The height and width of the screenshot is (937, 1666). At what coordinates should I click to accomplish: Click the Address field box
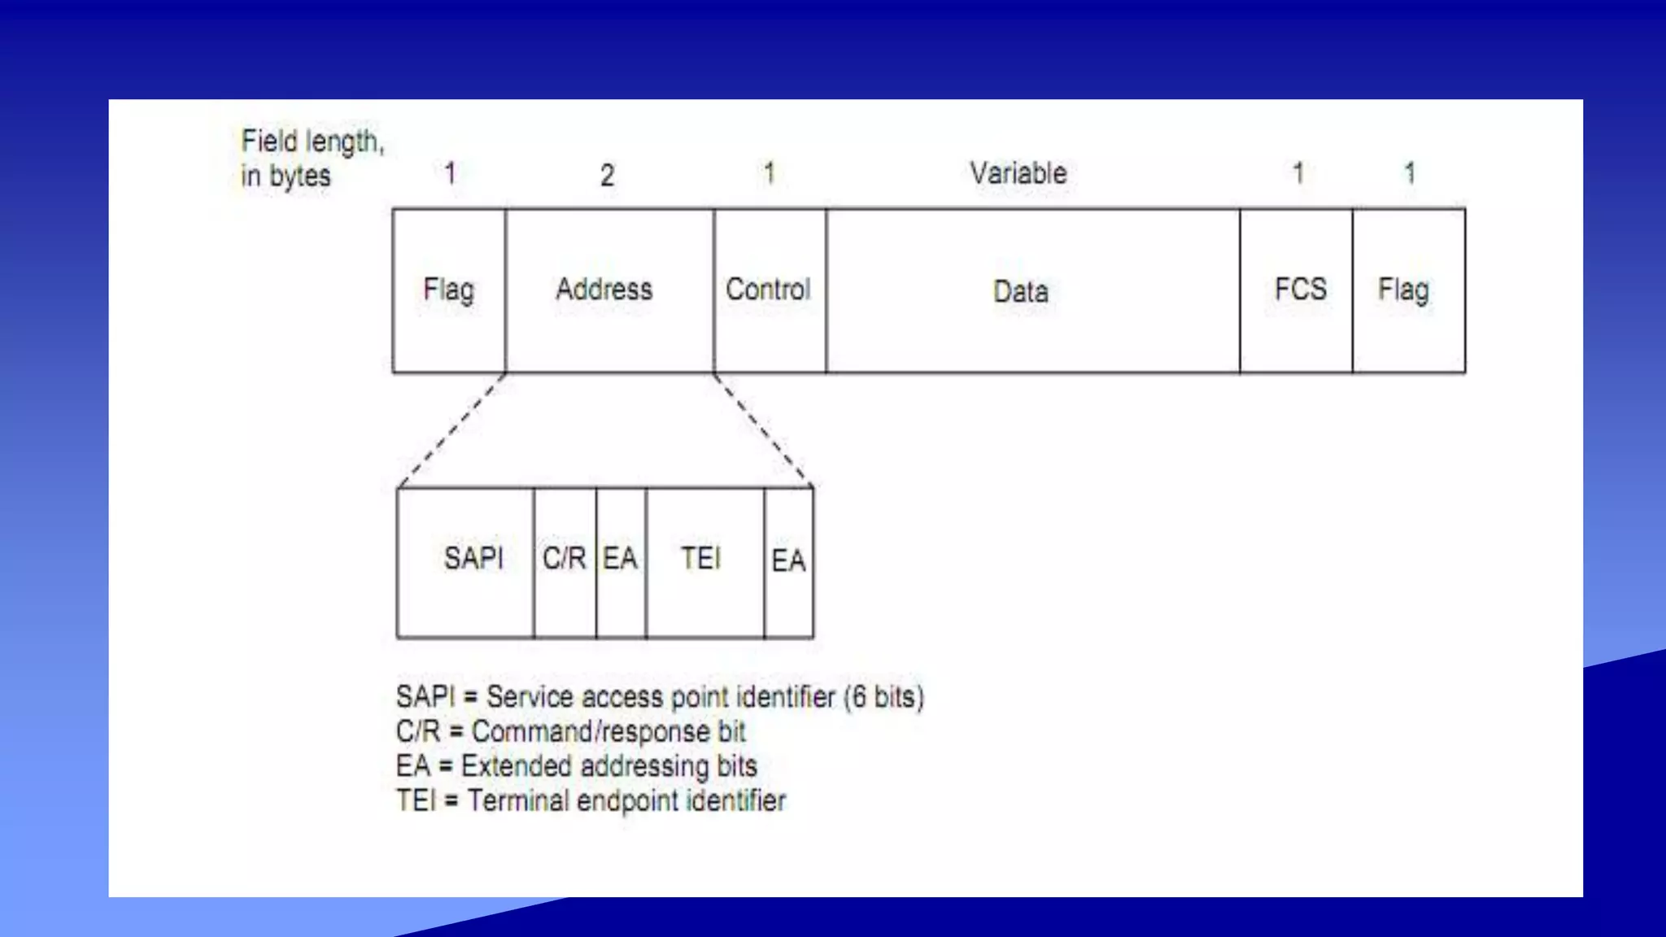pyautogui.click(x=608, y=290)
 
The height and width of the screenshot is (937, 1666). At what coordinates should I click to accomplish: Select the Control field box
pyautogui.click(x=770, y=290)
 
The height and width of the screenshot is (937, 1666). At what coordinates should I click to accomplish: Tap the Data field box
pyautogui.click(x=1032, y=290)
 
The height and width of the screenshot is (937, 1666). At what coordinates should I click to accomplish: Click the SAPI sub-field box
pyautogui.click(x=465, y=562)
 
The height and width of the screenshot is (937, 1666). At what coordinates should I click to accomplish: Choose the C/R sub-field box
pyautogui.click(x=565, y=562)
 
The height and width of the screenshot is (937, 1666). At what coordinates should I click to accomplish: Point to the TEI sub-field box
pyautogui.click(x=704, y=562)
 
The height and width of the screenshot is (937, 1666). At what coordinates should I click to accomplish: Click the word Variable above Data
pyautogui.click(x=1018, y=173)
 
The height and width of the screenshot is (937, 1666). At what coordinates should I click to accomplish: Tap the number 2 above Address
pyautogui.click(x=607, y=176)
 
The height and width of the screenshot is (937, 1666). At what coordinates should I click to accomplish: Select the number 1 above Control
pyautogui.click(x=769, y=173)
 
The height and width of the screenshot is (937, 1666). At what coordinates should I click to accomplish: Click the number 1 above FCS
pyautogui.click(x=1298, y=173)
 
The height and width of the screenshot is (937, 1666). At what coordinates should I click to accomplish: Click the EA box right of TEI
pyautogui.click(x=788, y=562)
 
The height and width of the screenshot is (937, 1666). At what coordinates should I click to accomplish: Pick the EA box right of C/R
pyautogui.click(x=621, y=562)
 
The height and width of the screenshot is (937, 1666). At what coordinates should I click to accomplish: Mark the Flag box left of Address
pyautogui.click(x=449, y=290)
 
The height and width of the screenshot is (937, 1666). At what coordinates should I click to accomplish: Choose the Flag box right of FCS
pyautogui.click(x=1408, y=290)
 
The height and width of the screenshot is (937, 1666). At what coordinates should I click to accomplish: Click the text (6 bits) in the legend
pyautogui.click(x=884, y=698)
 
